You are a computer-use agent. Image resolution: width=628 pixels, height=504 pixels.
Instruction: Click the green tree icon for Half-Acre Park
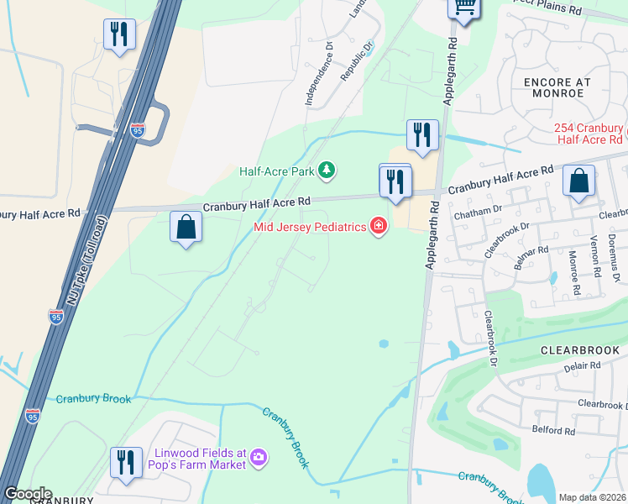pyautogui.click(x=327, y=171)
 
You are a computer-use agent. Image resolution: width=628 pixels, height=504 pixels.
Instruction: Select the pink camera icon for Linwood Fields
pyautogui.click(x=259, y=457)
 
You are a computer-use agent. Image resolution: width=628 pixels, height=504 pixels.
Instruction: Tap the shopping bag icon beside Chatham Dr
pyautogui.click(x=578, y=181)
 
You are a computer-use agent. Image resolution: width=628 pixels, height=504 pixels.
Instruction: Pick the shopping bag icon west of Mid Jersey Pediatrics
pyautogui.click(x=186, y=228)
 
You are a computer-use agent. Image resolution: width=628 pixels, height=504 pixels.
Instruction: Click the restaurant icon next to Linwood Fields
pyautogui.click(x=126, y=463)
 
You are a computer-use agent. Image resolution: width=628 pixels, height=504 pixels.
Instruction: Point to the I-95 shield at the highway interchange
pyautogui.click(x=138, y=130)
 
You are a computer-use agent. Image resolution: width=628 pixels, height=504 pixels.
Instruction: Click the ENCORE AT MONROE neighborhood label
pyautogui.click(x=557, y=87)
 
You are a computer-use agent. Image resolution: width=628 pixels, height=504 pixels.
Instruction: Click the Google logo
pyautogui.click(x=28, y=494)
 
